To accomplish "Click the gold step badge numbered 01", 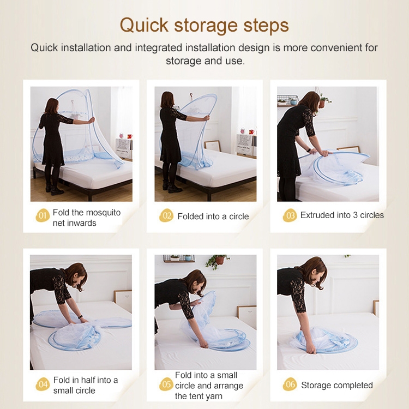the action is click(43, 216).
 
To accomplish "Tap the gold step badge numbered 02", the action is click(166, 216).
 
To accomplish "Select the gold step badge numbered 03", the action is click(290, 216).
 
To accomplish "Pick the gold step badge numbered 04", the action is click(43, 384).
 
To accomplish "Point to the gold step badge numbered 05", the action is click(166, 384).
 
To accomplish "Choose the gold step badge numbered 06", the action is click(290, 384).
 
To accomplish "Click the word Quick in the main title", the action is click(145, 26).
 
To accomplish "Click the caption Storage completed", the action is click(337, 385).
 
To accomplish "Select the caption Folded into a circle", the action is click(213, 216).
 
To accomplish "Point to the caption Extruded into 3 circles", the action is click(342, 215).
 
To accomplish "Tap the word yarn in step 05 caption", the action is click(213, 396).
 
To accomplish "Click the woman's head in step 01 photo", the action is click(51, 106).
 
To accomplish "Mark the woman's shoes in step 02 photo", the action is click(172, 187).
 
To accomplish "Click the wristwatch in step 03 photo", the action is click(309, 151).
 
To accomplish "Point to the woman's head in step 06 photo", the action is click(314, 272).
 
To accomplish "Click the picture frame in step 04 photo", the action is click(123, 300).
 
